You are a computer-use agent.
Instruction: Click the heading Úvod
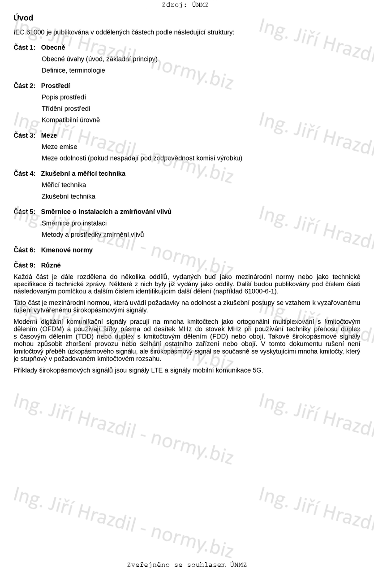coord(23,18)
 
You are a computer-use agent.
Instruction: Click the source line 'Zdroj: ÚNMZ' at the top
coord(185,5)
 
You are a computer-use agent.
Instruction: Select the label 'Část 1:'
coord(24,48)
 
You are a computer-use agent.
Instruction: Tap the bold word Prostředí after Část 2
coord(56,86)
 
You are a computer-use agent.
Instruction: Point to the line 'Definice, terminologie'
coord(73,70)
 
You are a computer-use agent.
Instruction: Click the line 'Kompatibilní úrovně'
coord(71,120)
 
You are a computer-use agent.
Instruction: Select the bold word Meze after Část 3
coord(49,135)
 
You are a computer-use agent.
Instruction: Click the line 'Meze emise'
coord(59,147)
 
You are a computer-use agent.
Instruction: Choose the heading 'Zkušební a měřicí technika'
coord(83,174)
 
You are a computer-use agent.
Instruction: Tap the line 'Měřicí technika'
coord(64,185)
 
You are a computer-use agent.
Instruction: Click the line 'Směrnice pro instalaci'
coord(74,223)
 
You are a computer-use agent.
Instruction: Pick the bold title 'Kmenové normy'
coord(67,250)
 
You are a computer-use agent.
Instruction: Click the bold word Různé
coord(51,265)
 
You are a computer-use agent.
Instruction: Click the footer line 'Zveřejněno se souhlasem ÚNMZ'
coord(187,565)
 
